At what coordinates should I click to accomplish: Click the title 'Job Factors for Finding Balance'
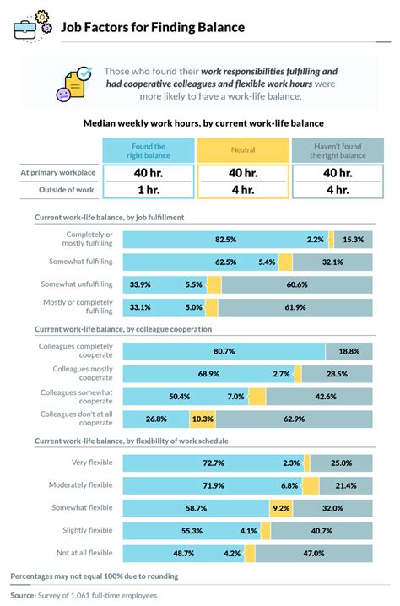click(152, 27)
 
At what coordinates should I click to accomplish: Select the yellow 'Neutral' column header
click(243, 150)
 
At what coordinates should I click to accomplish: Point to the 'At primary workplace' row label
click(57, 173)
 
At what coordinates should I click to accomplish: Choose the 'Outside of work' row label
click(68, 189)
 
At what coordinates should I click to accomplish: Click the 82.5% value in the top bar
click(224, 240)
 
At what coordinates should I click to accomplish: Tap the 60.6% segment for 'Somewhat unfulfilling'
click(295, 284)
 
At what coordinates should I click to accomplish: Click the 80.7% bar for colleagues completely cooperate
click(224, 351)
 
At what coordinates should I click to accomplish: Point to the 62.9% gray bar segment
click(294, 418)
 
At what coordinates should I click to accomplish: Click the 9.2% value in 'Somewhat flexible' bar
click(281, 508)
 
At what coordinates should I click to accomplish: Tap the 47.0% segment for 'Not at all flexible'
click(313, 553)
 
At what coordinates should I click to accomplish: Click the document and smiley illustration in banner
click(72, 84)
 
